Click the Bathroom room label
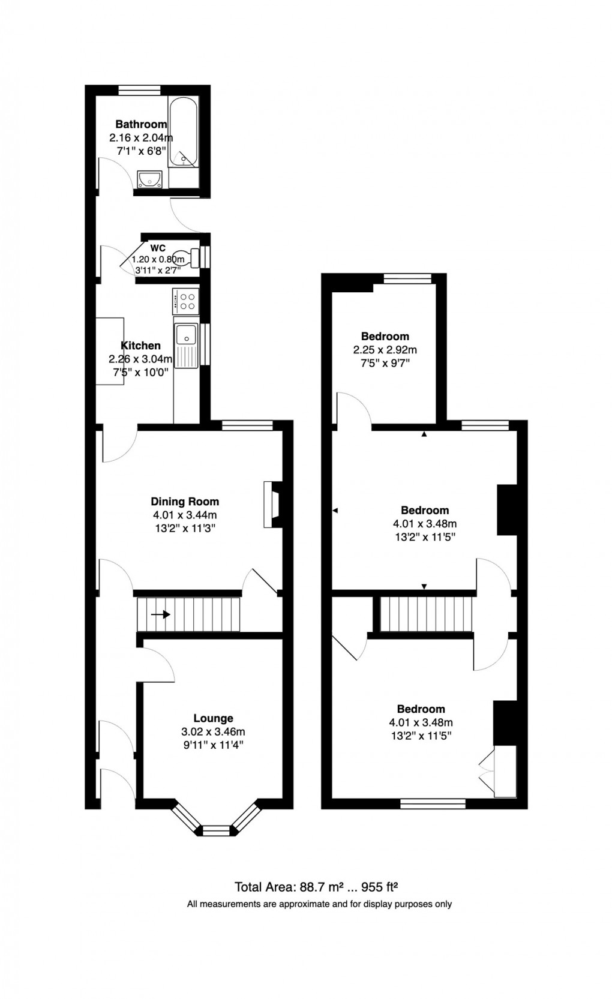click(141, 124)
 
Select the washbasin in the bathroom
click(149, 179)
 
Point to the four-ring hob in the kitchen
click(185, 301)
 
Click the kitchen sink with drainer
click(186, 346)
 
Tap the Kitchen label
click(141, 346)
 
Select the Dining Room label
click(185, 502)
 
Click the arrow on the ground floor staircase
click(161, 614)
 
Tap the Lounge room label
click(213, 718)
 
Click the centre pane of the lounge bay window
click(215, 830)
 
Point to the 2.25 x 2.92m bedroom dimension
click(385, 350)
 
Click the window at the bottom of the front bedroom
click(433, 803)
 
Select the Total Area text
click(316, 887)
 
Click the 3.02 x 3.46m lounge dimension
click(213, 732)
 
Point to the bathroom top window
click(139, 90)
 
